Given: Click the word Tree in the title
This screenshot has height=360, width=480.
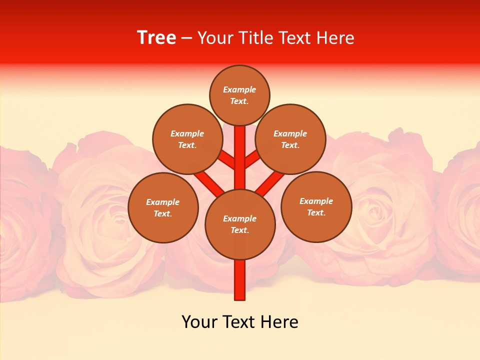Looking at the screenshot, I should pyautogui.click(x=156, y=38).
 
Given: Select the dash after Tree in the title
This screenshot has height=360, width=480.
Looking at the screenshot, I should pyautogui.click(x=187, y=38).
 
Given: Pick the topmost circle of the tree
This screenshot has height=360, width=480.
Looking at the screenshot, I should pyautogui.click(x=239, y=95).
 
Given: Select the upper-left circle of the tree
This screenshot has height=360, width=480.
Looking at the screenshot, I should pyautogui.click(x=187, y=139).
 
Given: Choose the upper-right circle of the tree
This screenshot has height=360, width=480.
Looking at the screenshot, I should pyautogui.click(x=290, y=139).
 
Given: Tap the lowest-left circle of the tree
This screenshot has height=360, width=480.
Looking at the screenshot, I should pyautogui.click(x=163, y=207).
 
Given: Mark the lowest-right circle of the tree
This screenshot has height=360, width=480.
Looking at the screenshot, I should pyautogui.click(x=316, y=206).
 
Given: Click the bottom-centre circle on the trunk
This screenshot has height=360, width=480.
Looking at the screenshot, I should pyautogui.click(x=240, y=224).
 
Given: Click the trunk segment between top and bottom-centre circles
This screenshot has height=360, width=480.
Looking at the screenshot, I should pyautogui.click(x=240, y=150).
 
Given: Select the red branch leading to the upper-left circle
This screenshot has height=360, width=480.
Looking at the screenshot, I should pyautogui.click(x=228, y=160).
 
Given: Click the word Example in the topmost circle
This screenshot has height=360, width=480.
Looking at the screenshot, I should pyautogui.click(x=239, y=89).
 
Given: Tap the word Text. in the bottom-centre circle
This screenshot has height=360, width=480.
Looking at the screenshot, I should pyautogui.click(x=239, y=230).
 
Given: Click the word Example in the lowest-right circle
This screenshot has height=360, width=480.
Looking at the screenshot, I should pyautogui.click(x=316, y=201).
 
